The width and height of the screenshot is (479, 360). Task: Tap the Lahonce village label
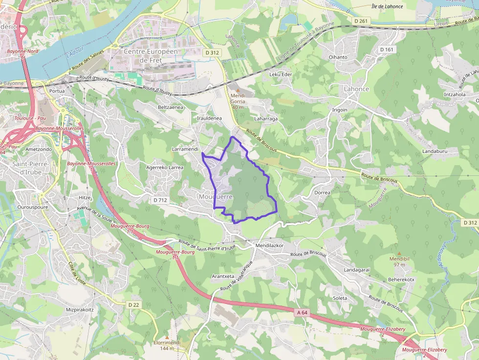[356, 89]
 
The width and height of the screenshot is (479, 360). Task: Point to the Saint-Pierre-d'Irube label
[30, 168]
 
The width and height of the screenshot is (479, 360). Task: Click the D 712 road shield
[160, 200]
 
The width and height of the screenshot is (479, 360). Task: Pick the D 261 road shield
[361, 21]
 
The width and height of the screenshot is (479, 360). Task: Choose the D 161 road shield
[386, 49]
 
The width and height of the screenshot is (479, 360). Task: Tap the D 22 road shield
[133, 305]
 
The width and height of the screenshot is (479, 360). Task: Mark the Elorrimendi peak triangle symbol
[167, 337]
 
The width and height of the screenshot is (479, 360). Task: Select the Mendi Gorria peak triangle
[239, 91]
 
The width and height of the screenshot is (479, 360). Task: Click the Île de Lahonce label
[387, 6]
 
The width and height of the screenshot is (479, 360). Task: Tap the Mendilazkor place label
[270, 245]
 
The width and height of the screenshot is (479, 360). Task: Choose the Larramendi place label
[185, 148]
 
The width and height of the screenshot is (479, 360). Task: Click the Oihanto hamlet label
[338, 57]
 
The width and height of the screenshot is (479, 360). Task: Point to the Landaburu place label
[435, 151]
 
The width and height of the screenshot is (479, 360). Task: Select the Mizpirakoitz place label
[79, 310]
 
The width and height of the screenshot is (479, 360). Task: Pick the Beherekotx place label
[401, 279]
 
